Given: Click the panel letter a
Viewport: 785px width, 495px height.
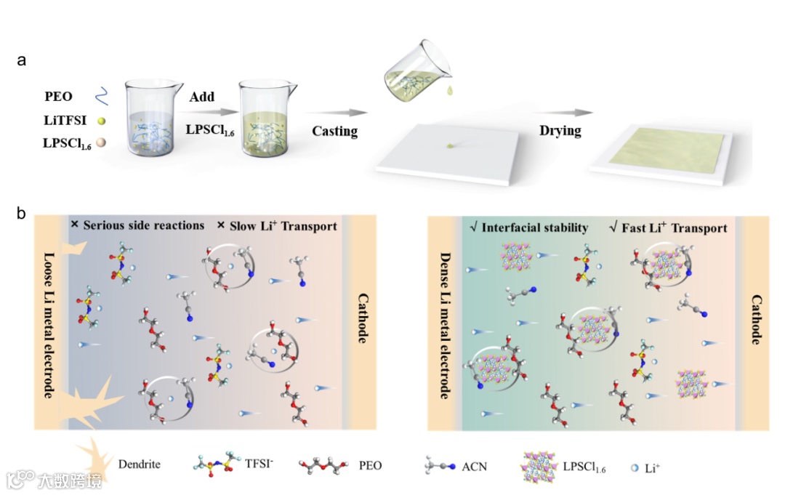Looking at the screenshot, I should tap(22, 61).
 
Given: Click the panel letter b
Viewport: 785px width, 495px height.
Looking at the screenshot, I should tap(22, 214).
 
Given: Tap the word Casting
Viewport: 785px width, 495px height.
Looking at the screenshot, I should tap(334, 132).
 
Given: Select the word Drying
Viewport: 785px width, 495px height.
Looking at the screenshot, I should tap(560, 132).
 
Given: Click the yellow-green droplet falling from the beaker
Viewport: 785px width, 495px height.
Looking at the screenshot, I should tap(451, 91).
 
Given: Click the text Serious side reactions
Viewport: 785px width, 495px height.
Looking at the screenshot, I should tap(143, 225).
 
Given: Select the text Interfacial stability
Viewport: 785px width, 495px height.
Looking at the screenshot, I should tap(535, 228).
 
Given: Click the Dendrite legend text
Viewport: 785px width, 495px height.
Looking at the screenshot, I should tap(139, 464).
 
